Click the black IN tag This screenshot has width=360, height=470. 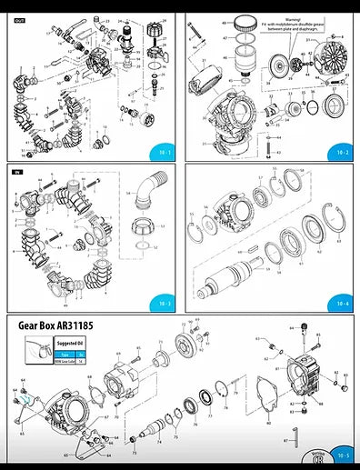pyautogui.click(x=16, y=171)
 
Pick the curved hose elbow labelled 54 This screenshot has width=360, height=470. pyautogui.click(x=145, y=198)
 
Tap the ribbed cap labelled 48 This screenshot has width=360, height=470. pyautogui.click(x=243, y=25)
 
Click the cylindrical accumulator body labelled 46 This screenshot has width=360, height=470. pyautogui.click(x=243, y=70)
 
